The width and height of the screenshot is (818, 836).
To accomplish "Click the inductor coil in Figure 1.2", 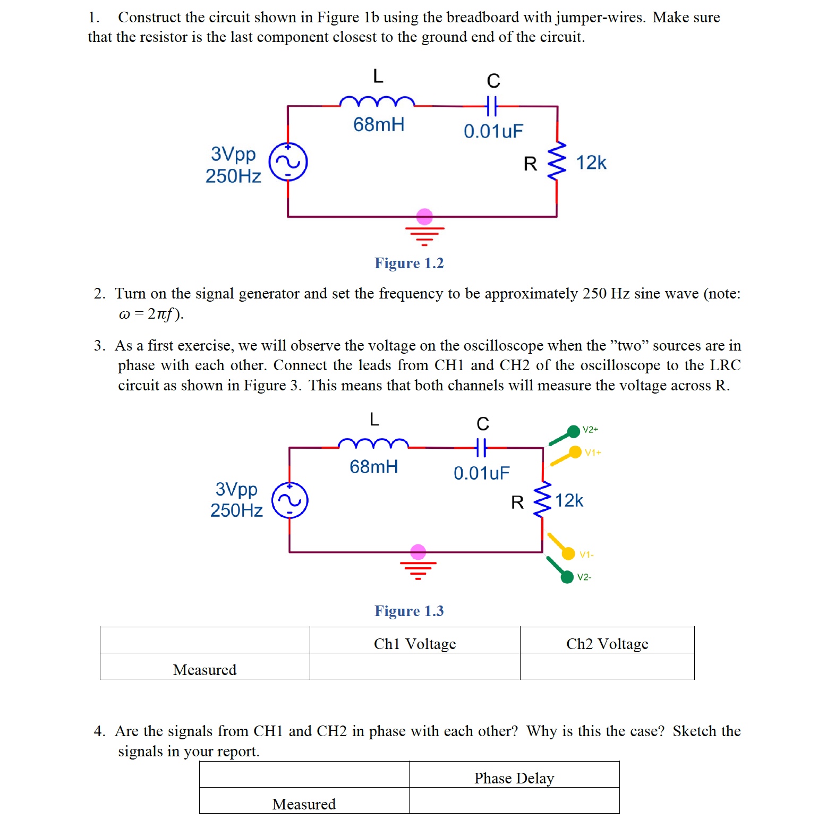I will (377, 101).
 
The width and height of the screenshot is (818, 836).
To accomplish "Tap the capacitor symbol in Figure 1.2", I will (492, 106).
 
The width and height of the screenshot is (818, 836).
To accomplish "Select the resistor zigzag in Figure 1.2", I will (557, 161).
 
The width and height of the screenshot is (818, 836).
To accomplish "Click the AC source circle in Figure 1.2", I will (288, 162).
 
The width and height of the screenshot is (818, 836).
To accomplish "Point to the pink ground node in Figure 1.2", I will (424, 216).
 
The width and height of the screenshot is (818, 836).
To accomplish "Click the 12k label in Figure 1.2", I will (591, 163).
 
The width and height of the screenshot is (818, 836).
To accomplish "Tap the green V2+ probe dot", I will (574, 431).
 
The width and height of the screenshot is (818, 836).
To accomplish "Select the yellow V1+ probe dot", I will (575, 452).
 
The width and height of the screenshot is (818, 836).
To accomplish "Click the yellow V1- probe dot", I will (568, 553).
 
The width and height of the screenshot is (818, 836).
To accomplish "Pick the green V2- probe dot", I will (567, 577).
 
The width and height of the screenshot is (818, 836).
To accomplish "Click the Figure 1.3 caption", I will (409, 611).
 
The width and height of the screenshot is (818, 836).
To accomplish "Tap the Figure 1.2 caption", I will (409, 263).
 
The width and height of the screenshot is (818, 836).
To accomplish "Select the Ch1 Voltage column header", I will (415, 644).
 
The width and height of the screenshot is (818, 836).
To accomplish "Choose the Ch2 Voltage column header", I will (607, 644).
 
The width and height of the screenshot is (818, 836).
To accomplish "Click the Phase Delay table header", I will (514, 778).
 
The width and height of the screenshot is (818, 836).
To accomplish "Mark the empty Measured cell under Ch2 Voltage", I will (607, 667).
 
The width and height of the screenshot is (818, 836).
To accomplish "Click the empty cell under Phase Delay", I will (514, 800).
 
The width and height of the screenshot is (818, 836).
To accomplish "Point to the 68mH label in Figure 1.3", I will (374, 466).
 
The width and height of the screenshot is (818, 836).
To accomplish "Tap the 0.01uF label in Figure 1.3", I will (481, 473).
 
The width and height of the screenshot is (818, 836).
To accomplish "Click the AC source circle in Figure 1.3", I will (290, 500).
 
